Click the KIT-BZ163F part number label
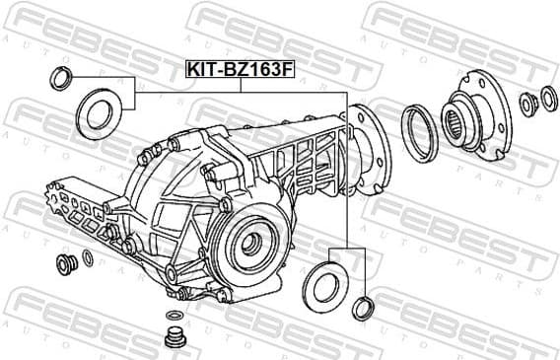coord(240,69)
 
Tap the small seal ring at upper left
coord(60,79)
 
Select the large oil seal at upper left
coord(98,112)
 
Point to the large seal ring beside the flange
coord(420,131)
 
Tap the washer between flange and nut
coord(528,102)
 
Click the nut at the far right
coord(548,98)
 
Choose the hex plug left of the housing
coord(68,263)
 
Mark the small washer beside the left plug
coord(88,258)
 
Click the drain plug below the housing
coord(174,338)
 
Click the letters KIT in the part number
coord(201,69)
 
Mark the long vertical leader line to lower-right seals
coord(347,168)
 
